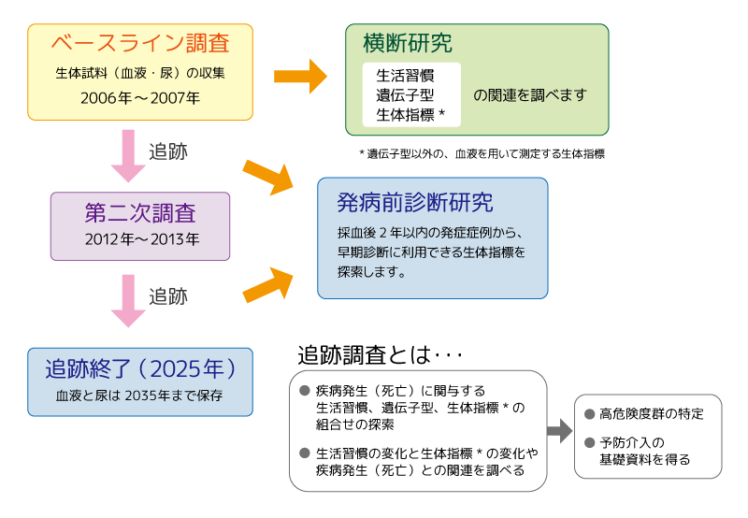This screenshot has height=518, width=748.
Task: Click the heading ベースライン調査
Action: tap(140, 43)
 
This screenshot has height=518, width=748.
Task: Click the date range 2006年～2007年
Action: tap(140, 96)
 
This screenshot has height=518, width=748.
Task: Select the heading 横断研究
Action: tap(407, 43)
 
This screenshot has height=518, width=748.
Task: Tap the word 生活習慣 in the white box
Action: tap(405, 74)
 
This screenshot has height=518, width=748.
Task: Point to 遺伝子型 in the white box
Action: tap(405, 94)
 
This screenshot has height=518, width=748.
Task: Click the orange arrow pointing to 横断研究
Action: tap(300, 74)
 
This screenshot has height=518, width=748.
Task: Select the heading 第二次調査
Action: tap(140, 211)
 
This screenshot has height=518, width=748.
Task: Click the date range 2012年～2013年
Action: tap(140, 239)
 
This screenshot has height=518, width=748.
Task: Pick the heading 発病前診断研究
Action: tap(414, 202)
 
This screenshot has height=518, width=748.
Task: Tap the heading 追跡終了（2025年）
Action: tap(140, 367)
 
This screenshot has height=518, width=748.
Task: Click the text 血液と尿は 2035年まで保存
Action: tap(140, 396)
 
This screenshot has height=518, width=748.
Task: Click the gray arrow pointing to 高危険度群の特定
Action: tap(558, 432)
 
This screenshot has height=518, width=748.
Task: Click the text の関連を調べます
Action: tap(529, 94)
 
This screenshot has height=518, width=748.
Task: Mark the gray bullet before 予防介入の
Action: tap(589, 441)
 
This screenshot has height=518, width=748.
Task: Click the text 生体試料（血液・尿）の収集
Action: tap(140, 72)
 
